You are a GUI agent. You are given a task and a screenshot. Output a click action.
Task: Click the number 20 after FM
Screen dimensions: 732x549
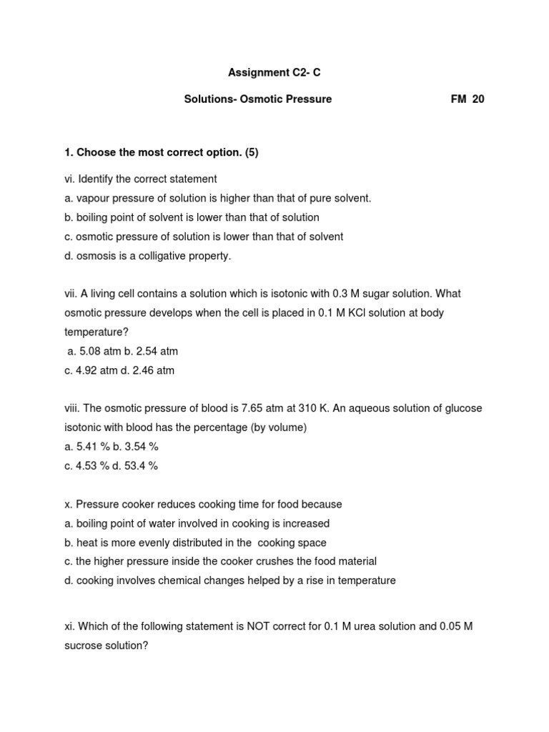click(x=478, y=99)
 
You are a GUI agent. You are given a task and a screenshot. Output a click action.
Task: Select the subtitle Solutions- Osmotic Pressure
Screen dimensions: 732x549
click(x=258, y=99)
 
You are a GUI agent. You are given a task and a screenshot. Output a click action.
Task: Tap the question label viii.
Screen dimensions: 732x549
click(x=72, y=408)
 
